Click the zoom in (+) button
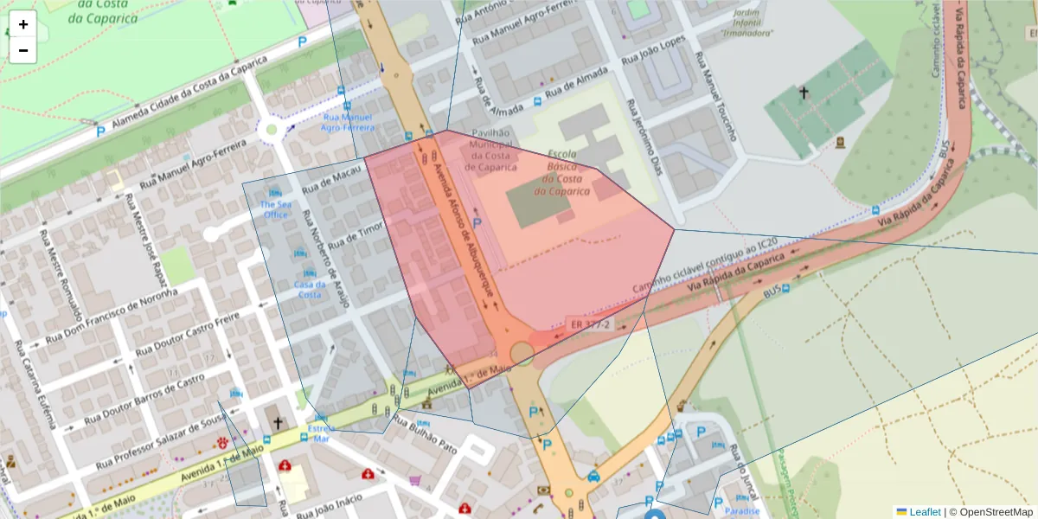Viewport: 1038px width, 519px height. coord(23,24)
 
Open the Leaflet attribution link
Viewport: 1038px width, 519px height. coord(924,511)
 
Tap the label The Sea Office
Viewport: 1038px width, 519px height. coord(275,209)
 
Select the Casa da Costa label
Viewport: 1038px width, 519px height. coord(310,289)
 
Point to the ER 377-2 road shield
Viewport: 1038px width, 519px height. coord(591,324)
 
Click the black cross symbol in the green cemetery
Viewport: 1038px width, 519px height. coord(804,92)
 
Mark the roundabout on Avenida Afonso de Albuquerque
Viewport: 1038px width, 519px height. coord(522,353)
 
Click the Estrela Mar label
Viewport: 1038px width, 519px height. coord(321,432)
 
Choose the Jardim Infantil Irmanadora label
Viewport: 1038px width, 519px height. coord(746,23)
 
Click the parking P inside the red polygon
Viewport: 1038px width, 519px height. coord(477,224)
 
